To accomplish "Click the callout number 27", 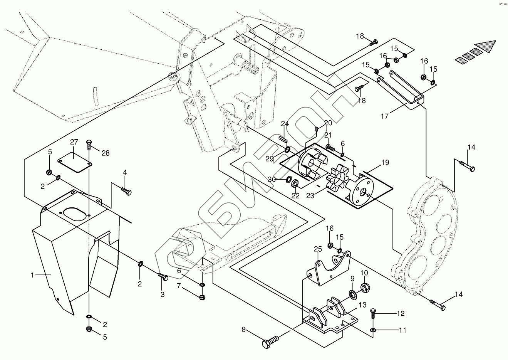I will point(74,142).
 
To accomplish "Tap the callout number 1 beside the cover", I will point(33,275).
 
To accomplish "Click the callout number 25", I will point(317,249).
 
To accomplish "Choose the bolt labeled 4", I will point(127,190).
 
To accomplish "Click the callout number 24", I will point(284,124).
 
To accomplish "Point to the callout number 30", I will point(272,179).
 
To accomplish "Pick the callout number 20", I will point(328,123).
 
